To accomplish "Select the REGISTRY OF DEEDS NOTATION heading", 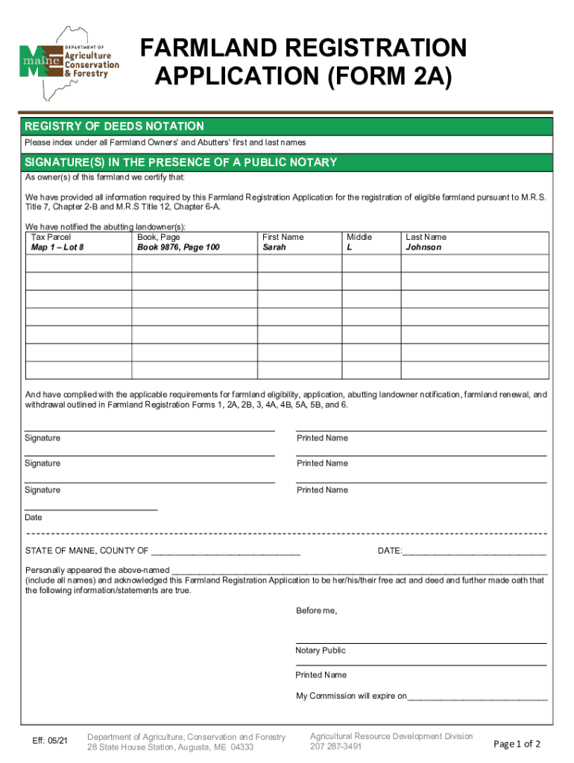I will pos(114,127).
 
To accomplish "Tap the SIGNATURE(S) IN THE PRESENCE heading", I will pos(180,162).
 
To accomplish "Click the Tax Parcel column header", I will pos(51,237).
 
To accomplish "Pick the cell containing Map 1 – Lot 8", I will pos(57,247).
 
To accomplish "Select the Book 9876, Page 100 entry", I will pos(178,247).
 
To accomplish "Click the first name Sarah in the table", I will pos(274,247).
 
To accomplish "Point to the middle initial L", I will pos(349,247).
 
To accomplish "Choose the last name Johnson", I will pos(423,247).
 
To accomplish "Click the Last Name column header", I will pos(426,237).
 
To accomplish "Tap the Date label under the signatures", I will pos(34,517).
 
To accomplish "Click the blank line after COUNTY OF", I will pos(226,551).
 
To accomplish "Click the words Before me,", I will pos(316,611).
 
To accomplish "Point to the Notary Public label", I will pos(321,650).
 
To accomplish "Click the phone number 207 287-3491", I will pos(336,747).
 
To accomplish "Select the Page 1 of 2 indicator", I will pos(517,744).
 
